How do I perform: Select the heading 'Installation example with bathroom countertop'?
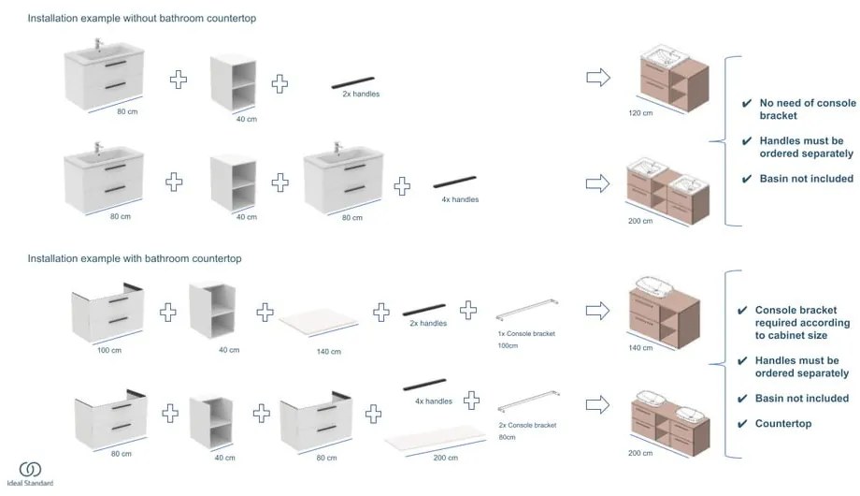click(x=122, y=257)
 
